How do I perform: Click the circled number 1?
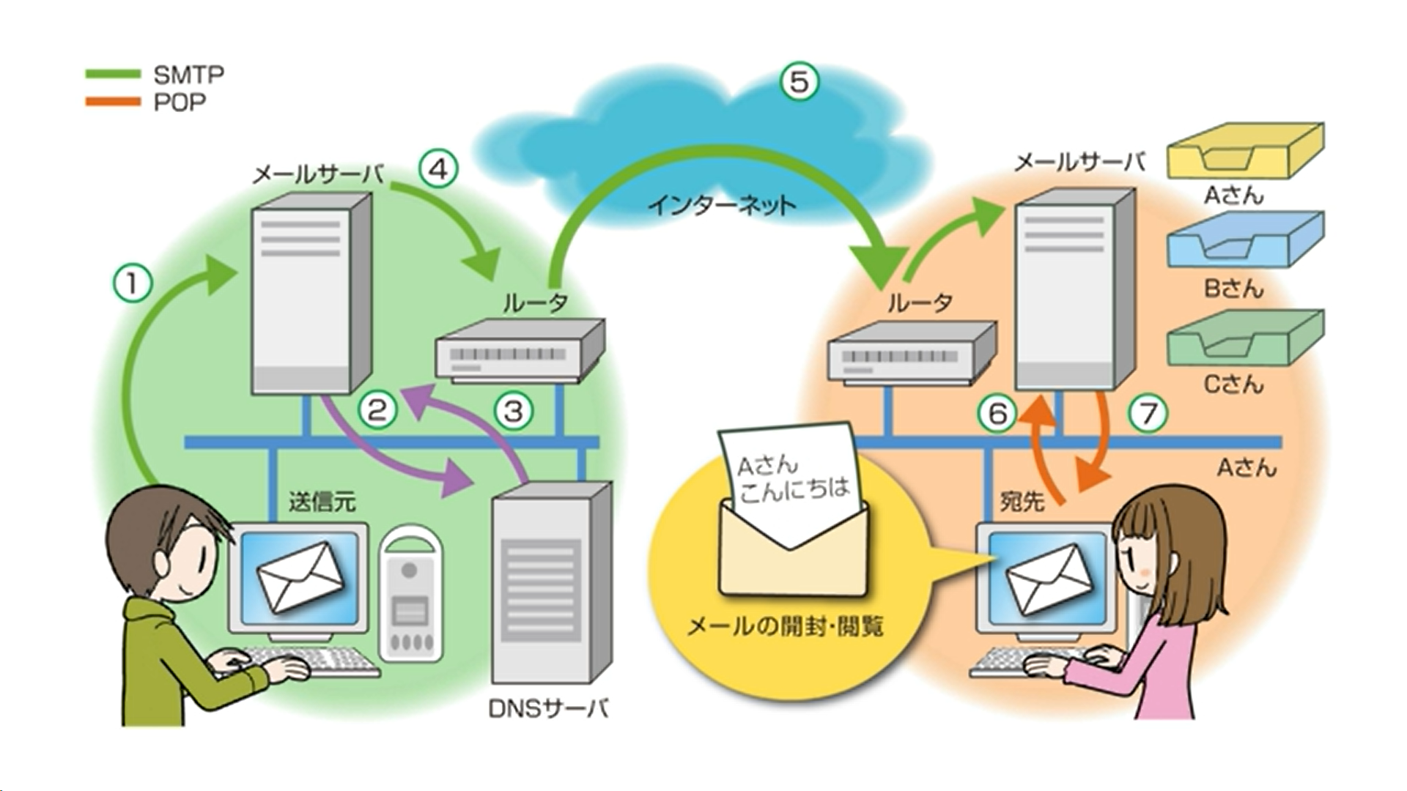pyautogui.click(x=133, y=283)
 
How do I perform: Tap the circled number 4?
pyautogui.click(x=438, y=170)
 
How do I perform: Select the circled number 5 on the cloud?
pyautogui.click(x=799, y=81)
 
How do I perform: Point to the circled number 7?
pyautogui.click(x=1148, y=415)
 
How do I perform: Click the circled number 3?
pyautogui.click(x=514, y=410)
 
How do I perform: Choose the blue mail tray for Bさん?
pyautogui.click(x=1245, y=239)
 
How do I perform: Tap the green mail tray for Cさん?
pyautogui.click(x=1245, y=337)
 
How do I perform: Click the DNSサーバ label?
pyautogui.click(x=548, y=708)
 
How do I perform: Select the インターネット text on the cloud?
pyautogui.click(x=721, y=205)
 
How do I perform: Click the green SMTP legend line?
pyautogui.click(x=113, y=74)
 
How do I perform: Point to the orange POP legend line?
pyautogui.click(x=113, y=102)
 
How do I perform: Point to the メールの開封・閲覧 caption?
pyautogui.click(x=785, y=626)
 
